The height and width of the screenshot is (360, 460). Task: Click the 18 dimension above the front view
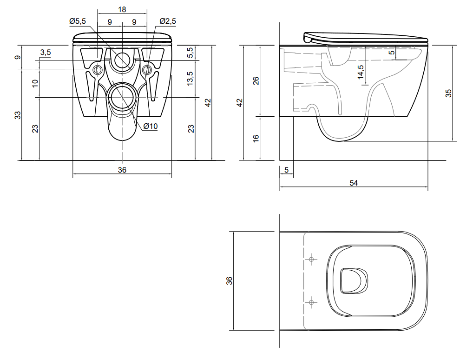[x=122, y=9]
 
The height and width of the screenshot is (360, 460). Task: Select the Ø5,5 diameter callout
[x=78, y=21]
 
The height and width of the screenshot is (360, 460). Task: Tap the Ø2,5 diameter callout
[x=168, y=21]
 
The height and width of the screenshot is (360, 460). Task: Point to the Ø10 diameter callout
[x=151, y=126]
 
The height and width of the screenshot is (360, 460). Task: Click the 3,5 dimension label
[x=46, y=52]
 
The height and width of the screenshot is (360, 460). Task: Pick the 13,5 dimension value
[x=190, y=79]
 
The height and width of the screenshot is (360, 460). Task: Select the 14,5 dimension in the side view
[x=361, y=72]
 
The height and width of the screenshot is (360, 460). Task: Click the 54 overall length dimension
[x=354, y=183]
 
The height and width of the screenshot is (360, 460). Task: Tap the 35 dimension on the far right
[x=448, y=93]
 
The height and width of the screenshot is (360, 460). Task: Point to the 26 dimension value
[x=256, y=81]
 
